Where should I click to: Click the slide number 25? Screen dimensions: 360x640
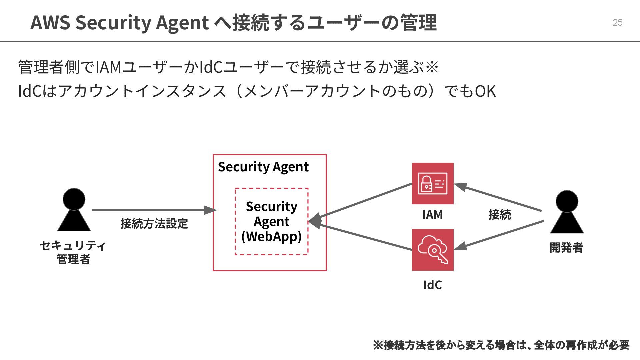point(617,22)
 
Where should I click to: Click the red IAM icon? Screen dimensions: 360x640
point(433,183)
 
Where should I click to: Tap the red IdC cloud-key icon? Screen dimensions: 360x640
point(433,250)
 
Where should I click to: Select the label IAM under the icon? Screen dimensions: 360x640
point(433,214)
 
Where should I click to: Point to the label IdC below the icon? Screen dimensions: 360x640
point(433,285)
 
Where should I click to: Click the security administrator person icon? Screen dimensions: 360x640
point(74,210)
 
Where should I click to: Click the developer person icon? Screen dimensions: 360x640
point(567,212)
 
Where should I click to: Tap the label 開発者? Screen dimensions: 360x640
point(566,248)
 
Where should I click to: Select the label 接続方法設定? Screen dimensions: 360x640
point(154,223)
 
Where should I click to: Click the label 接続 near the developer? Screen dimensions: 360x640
point(499,214)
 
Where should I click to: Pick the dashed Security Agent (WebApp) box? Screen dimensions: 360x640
point(271,221)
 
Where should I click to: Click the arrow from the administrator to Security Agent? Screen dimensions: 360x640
point(153,210)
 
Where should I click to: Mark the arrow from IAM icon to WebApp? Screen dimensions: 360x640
point(363,201)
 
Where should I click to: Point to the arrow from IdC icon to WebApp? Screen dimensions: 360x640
point(363,236)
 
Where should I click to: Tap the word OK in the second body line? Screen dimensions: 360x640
point(485,91)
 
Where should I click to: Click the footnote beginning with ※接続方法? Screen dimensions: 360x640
point(501,345)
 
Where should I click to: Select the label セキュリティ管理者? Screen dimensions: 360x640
point(73,252)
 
